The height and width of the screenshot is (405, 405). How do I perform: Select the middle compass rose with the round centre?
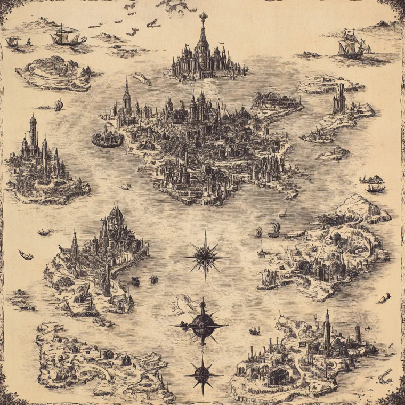202,323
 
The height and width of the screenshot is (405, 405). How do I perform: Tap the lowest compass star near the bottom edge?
203,374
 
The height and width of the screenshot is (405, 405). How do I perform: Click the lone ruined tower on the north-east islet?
339,99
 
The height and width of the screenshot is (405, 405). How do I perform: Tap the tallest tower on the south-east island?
327,330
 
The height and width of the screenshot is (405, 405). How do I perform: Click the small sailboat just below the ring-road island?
58,105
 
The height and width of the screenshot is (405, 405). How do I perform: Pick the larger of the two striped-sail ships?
274,230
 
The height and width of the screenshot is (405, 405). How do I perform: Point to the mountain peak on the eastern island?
359,203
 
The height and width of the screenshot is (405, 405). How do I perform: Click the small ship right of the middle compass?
255,330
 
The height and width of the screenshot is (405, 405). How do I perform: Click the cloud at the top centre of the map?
176,6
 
